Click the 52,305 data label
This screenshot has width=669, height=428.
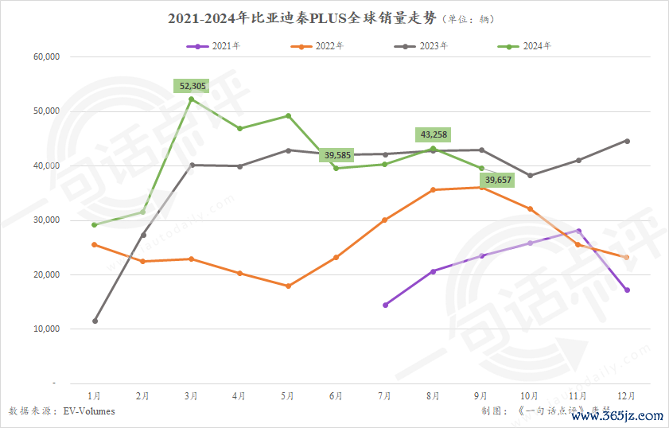[x=192, y=86]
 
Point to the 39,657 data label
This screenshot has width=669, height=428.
[x=498, y=181]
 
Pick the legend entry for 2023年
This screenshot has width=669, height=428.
[x=421, y=46]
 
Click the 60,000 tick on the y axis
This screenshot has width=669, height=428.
[x=47, y=57]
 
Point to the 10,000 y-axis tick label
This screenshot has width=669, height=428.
[x=47, y=329]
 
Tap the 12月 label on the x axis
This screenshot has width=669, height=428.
[x=627, y=395]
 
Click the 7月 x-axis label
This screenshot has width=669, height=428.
[x=385, y=395]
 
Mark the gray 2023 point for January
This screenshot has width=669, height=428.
[x=95, y=321]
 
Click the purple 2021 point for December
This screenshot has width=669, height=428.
[x=627, y=290]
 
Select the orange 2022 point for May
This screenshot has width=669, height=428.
[x=288, y=286]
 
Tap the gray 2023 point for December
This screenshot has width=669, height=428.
[x=627, y=141]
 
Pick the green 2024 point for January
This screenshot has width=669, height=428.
[x=95, y=225]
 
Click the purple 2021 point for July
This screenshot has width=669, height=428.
[x=385, y=305]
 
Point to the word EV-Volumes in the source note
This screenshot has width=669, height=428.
[x=89, y=411]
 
